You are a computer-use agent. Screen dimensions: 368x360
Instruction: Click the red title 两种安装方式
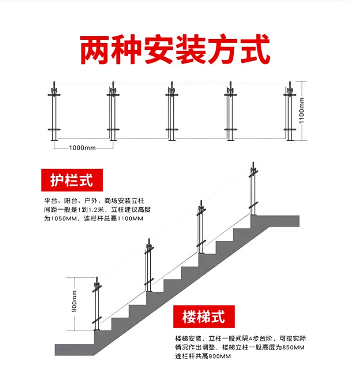click(175, 50)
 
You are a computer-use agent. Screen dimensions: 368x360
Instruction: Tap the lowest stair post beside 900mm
click(97, 305)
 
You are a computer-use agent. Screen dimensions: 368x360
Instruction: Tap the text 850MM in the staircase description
click(291, 348)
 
